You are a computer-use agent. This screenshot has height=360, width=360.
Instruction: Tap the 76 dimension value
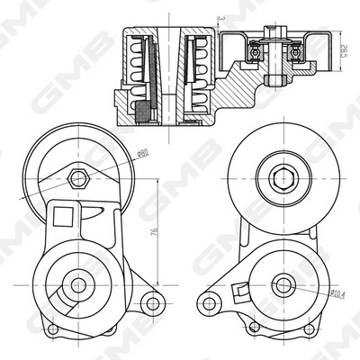click(156, 232)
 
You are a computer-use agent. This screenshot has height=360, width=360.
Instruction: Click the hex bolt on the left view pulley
click(78, 177)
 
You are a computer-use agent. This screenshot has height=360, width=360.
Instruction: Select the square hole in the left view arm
click(63, 216)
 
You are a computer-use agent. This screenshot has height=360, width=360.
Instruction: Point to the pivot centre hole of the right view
click(283, 287)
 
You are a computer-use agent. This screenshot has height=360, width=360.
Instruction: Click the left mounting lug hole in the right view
click(210, 299)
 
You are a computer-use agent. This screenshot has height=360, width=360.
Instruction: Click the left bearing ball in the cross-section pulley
click(254, 53)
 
